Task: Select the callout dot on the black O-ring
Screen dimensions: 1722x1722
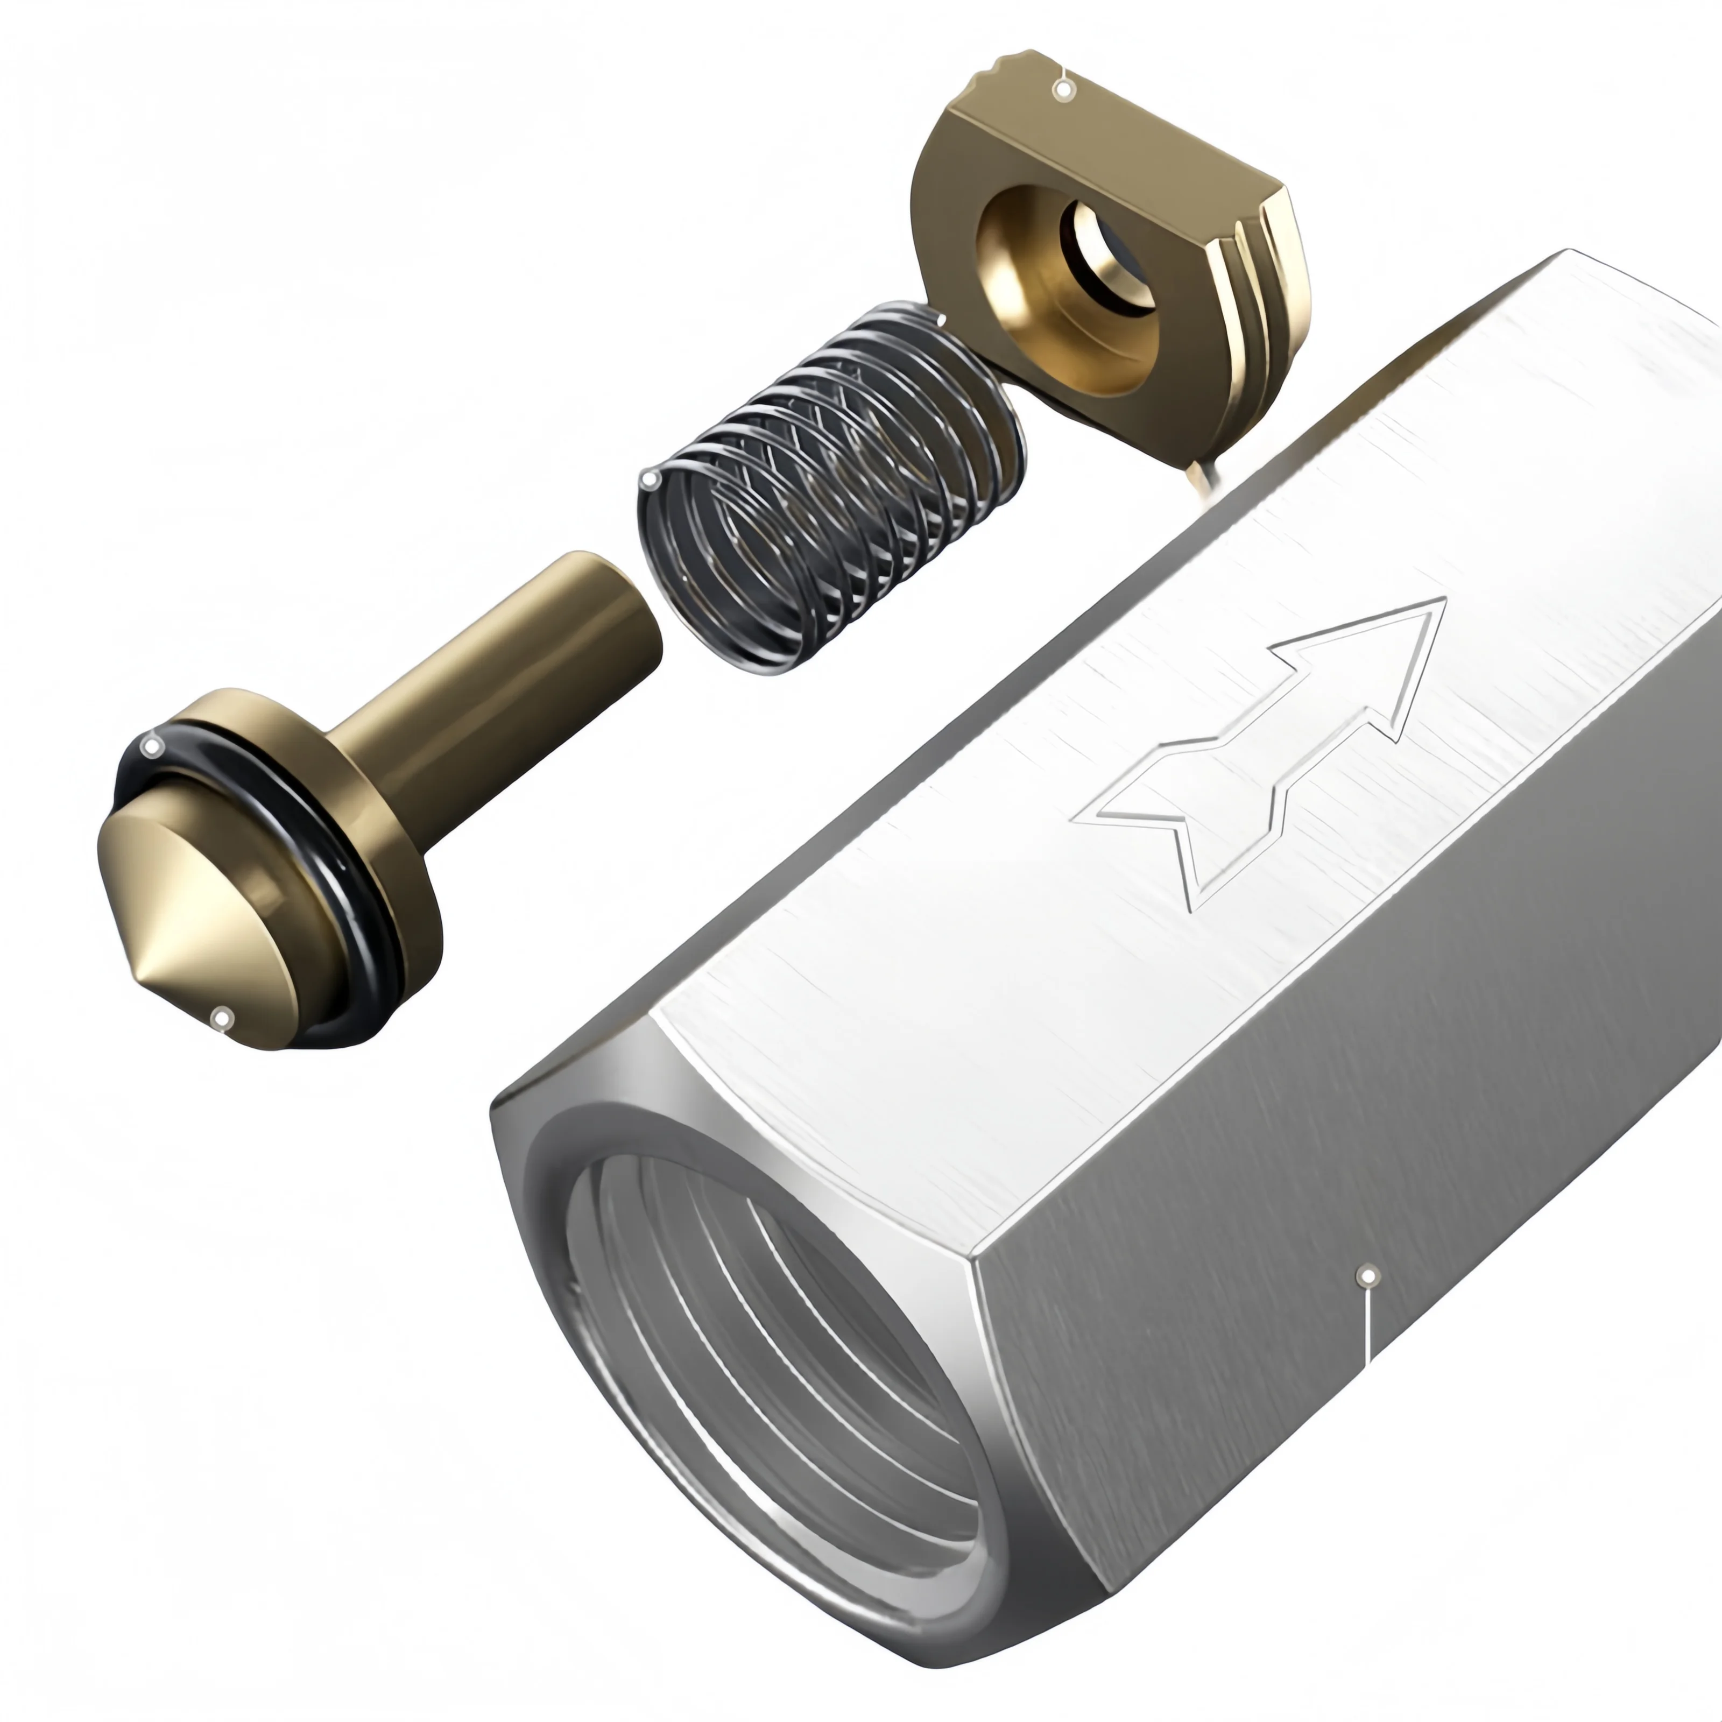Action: coord(152,746)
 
